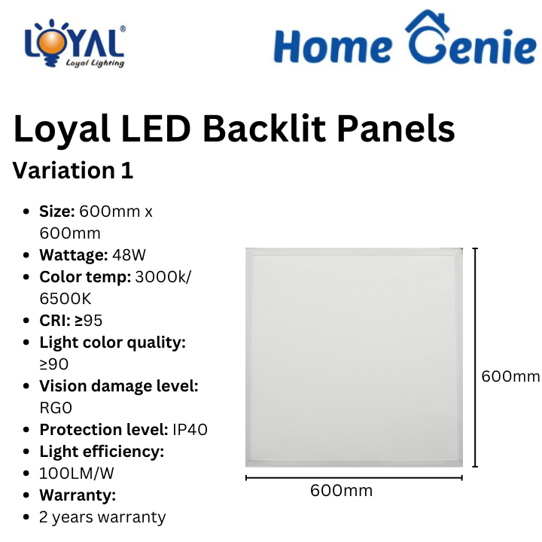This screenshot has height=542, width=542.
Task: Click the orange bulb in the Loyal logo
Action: (x=52, y=43)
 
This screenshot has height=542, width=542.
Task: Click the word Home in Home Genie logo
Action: (x=333, y=47)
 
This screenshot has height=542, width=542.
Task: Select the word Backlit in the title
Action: (x=264, y=129)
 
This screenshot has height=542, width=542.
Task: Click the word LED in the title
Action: (x=156, y=129)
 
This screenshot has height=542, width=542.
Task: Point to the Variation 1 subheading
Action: (x=73, y=170)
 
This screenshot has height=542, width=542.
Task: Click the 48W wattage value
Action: (x=129, y=255)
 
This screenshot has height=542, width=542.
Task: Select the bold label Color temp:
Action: (x=85, y=277)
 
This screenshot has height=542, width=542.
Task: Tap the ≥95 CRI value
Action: (x=89, y=321)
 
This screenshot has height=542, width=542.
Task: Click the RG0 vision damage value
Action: (x=56, y=408)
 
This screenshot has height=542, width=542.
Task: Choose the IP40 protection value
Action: (x=190, y=430)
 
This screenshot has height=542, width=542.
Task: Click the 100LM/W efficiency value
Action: (x=76, y=473)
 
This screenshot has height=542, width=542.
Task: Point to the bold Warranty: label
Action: (x=78, y=495)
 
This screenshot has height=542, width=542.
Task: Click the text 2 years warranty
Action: (x=102, y=517)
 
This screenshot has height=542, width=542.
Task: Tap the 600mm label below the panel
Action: (x=342, y=491)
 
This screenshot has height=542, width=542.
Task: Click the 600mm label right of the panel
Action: (x=510, y=376)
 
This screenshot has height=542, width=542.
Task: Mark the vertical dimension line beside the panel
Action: (x=475, y=358)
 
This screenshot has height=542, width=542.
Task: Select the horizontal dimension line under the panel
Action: (x=354, y=478)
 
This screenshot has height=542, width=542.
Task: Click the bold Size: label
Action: (x=57, y=212)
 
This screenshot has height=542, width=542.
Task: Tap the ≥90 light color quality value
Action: (x=54, y=364)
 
